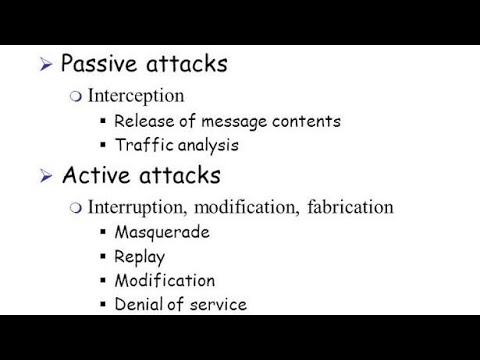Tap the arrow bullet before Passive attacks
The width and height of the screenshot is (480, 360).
click(46, 66)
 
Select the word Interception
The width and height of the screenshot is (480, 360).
click(135, 96)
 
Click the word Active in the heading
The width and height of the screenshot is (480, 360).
click(91, 177)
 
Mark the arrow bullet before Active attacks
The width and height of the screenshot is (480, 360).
click(46, 178)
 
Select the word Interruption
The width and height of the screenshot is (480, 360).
click(136, 208)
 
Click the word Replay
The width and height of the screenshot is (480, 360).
click(140, 256)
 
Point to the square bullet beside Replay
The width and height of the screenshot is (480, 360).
click(103, 256)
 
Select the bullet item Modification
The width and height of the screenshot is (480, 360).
click(164, 280)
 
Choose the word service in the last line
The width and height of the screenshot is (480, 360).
click(219, 304)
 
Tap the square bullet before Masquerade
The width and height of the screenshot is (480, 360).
click(103, 232)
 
